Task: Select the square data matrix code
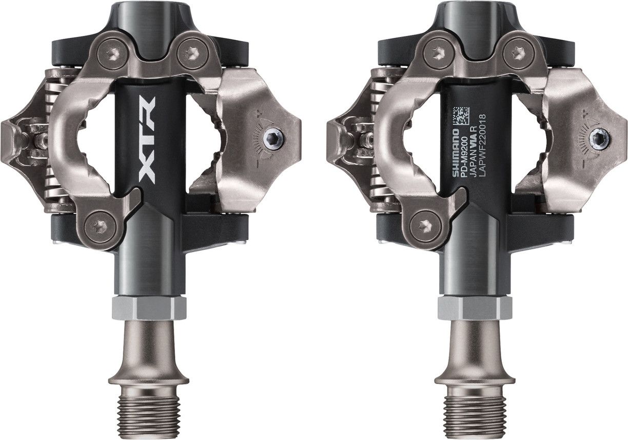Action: tap(461, 115)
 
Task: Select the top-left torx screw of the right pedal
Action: tap(438, 52)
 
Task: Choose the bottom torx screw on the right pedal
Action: tap(425, 225)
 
